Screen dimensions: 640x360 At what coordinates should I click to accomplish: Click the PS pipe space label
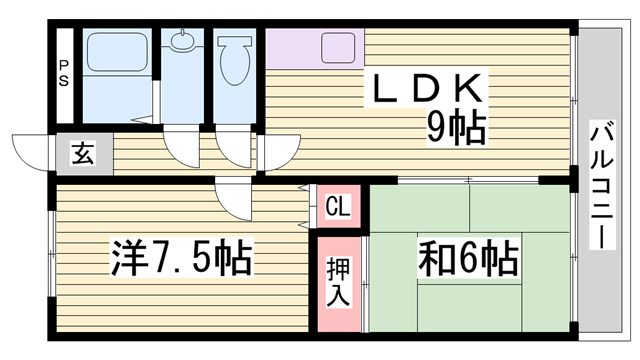click(x=63, y=73)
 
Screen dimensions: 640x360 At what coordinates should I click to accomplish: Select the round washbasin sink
click(x=182, y=41)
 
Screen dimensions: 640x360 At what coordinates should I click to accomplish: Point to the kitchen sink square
click(x=338, y=48)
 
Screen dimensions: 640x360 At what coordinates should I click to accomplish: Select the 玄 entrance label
click(x=83, y=153)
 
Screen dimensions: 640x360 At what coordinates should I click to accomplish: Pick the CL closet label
click(x=338, y=206)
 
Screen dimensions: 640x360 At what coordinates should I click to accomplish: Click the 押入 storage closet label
click(x=338, y=282)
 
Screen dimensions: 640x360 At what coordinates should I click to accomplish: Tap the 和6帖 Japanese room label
click(x=468, y=258)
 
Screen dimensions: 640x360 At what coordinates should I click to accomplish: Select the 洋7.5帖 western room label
click(x=181, y=258)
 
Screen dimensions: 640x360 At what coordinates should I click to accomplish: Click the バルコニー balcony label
click(x=602, y=185)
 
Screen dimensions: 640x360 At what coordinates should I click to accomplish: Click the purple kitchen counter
click(x=315, y=48)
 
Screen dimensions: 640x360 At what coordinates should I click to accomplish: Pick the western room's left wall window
click(x=52, y=254)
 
